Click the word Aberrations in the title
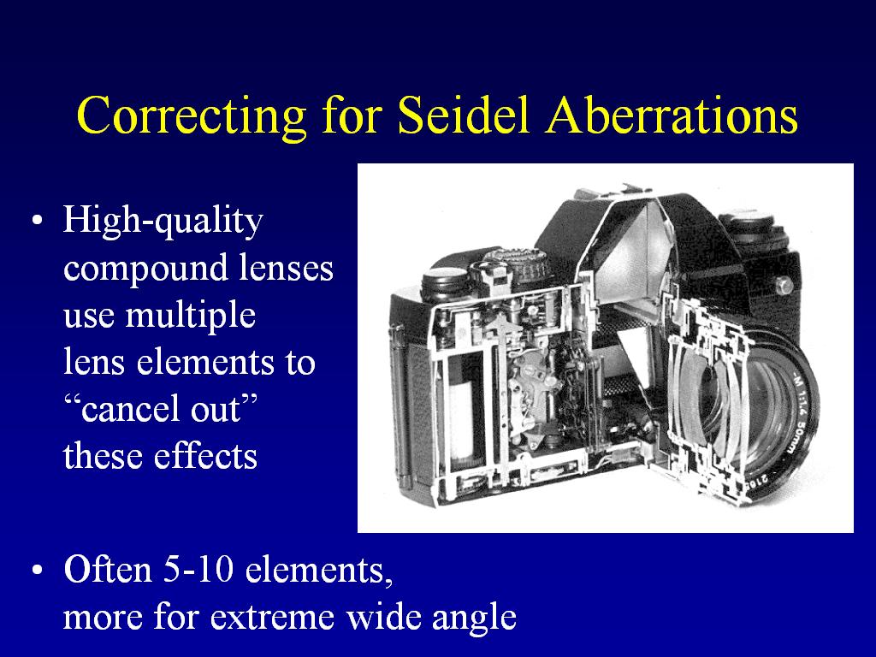672,115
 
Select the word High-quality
163,222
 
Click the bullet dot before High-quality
37,221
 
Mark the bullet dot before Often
37,571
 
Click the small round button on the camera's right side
784,286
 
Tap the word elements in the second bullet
318,571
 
